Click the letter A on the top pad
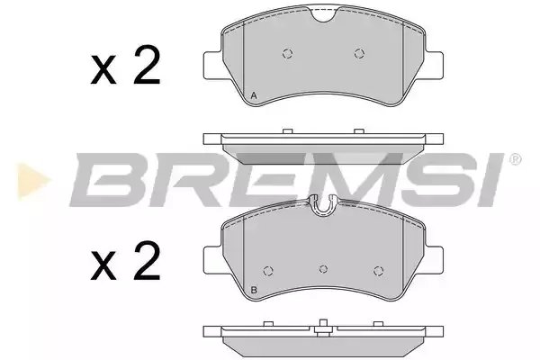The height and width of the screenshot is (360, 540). pyautogui.click(x=254, y=95)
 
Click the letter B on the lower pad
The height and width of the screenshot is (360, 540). pyautogui.click(x=254, y=290)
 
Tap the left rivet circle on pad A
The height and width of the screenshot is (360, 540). pyautogui.click(x=288, y=53)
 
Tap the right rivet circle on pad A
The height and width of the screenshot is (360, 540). pyautogui.click(x=359, y=53)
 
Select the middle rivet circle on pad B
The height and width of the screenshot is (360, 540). pyautogui.click(x=323, y=269)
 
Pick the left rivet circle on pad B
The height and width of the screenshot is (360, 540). pyautogui.click(x=268, y=271)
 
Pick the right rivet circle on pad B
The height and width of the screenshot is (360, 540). pyautogui.click(x=379, y=271)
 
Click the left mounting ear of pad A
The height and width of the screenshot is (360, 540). pyautogui.click(x=212, y=66)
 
